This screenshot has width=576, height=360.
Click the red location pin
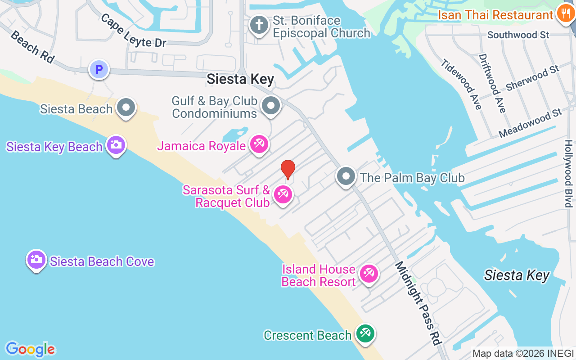click(x=288, y=170)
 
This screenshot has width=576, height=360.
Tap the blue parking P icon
click(x=99, y=70)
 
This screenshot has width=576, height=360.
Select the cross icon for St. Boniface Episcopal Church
click(x=259, y=25)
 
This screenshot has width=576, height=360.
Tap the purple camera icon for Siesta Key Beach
click(x=116, y=145)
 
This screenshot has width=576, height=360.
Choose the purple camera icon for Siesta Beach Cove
click(x=36, y=260)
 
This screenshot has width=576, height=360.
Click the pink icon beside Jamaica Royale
click(x=259, y=144)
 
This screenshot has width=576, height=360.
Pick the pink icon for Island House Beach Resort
click(x=369, y=274)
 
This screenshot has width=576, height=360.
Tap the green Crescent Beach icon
click(x=364, y=334)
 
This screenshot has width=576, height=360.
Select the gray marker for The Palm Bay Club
click(x=346, y=176)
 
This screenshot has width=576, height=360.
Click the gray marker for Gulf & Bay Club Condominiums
click(x=271, y=106)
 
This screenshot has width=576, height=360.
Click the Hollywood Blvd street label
click(x=569, y=174)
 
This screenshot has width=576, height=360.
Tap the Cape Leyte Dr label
click(x=133, y=31)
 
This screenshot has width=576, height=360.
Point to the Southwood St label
click(x=518, y=35)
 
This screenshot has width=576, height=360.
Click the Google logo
click(x=31, y=349)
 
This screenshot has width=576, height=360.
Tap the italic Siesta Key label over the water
click(x=517, y=275)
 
